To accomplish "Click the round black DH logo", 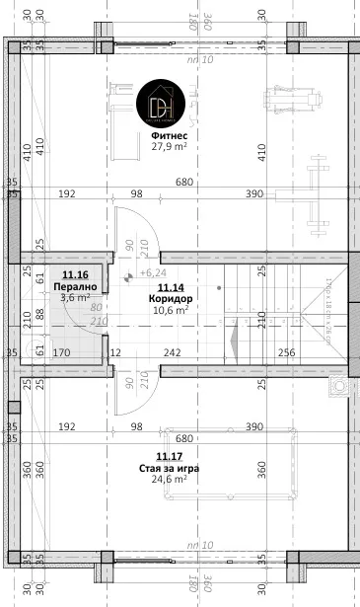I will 161,103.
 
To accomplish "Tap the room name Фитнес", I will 170,134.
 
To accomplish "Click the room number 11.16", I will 75,274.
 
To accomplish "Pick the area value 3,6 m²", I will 75,296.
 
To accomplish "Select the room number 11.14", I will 170,286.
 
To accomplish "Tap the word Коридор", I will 170,298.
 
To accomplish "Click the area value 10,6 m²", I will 170,309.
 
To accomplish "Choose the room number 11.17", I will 170,457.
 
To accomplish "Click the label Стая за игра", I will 170,468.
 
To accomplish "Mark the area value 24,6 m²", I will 170,480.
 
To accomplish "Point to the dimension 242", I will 172,352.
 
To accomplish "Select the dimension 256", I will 286,352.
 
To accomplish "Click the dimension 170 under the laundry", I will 60,352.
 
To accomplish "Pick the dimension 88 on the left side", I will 40,315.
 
